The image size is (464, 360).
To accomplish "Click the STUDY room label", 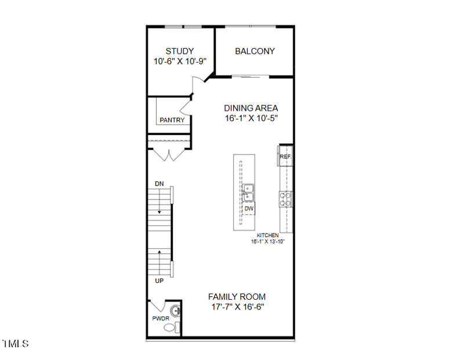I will [180, 51].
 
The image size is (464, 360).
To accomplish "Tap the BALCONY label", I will [255, 51].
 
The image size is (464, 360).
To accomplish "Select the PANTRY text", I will [172, 120].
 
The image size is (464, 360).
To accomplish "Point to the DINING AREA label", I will [251, 108].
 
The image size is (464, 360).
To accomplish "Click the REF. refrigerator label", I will [285, 157].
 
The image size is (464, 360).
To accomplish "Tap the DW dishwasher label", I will [248, 209].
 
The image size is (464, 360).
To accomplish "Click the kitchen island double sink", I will [248, 192].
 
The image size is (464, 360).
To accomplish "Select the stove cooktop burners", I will [285, 199].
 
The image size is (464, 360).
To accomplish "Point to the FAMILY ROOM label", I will [237, 297].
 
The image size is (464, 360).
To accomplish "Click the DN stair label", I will [159, 184].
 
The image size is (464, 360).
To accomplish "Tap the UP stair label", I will [159, 281].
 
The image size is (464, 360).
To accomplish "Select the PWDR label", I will [160, 319].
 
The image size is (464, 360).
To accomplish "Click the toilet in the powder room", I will [171, 328].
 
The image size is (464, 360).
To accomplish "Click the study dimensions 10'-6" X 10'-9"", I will [180, 61].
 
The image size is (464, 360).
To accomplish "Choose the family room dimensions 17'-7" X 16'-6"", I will [237, 307].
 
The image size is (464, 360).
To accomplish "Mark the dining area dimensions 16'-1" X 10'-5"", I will [251, 118].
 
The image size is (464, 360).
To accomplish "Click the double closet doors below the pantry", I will [168, 155].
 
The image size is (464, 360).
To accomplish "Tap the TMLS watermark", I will [16, 344].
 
